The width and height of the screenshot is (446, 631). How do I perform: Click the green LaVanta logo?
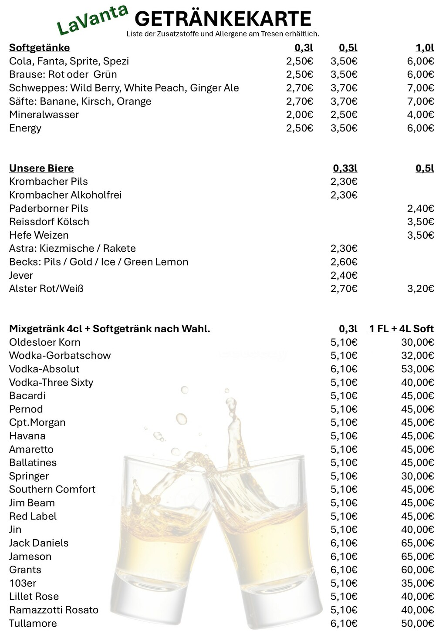92,20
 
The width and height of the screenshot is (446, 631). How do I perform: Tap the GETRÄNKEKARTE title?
223,19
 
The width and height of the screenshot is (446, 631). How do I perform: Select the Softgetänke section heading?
39,47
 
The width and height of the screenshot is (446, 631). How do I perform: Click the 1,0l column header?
425,47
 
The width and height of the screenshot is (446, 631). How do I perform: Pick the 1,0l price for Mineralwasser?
420,115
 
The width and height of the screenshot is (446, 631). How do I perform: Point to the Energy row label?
25,128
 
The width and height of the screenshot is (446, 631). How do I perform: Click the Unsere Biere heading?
41,168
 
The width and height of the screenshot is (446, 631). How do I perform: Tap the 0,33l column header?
345,168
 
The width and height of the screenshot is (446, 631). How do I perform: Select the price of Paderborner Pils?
420,208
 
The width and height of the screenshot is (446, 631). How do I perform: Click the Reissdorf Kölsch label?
49,222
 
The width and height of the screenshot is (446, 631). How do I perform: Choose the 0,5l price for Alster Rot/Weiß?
420,288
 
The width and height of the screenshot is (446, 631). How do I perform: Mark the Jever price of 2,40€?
344,275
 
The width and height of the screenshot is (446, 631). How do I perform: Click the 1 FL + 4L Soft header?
402,329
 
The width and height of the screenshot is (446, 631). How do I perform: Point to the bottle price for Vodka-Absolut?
417,369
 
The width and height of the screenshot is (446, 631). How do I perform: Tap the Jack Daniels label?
39,543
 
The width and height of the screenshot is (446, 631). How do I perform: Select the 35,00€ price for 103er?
417,583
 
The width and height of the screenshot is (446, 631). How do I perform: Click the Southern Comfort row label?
52,489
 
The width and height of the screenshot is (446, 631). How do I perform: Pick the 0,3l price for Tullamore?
344,623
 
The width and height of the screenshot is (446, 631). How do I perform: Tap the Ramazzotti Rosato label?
54,610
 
